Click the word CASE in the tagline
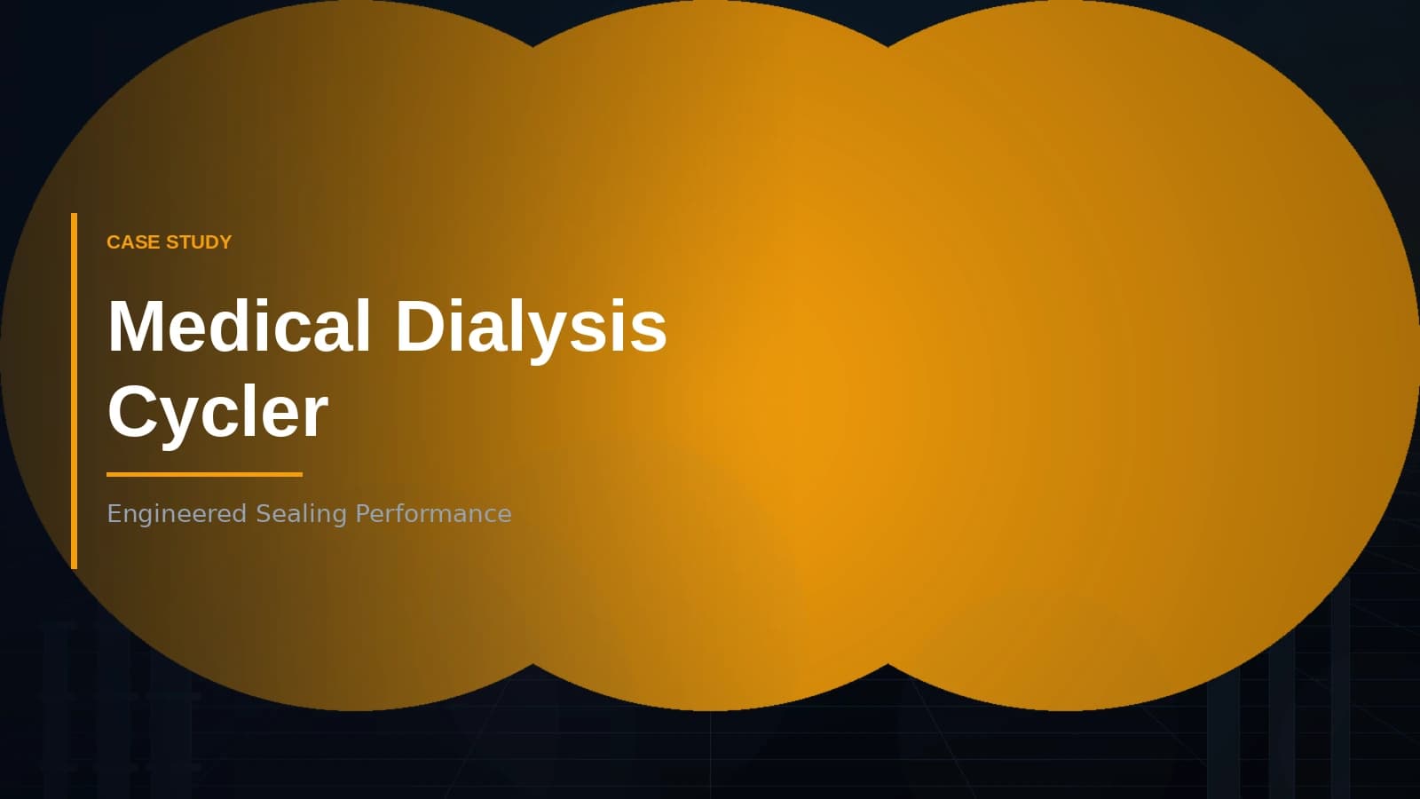(x=132, y=242)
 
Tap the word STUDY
(x=199, y=242)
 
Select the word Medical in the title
(x=239, y=326)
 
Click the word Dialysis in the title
(x=530, y=326)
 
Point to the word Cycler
(x=217, y=412)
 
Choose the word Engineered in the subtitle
(x=177, y=514)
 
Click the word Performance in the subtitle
(x=433, y=514)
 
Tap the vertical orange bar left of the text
(x=75, y=391)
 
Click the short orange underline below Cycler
(x=204, y=474)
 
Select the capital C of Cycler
(x=131, y=412)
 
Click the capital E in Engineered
(x=114, y=514)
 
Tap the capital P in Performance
(x=362, y=514)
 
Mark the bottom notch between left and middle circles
(x=532, y=664)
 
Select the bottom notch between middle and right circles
(x=887, y=664)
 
